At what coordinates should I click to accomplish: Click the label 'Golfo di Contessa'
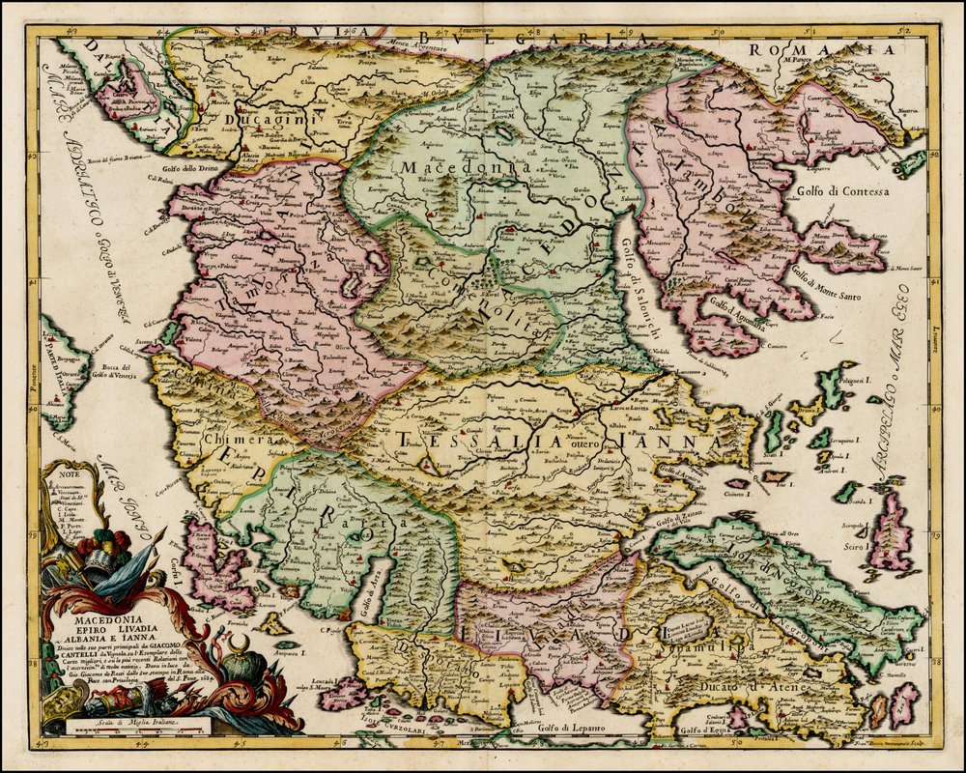coord(843,191)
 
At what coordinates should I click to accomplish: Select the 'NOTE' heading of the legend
coord(66,473)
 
